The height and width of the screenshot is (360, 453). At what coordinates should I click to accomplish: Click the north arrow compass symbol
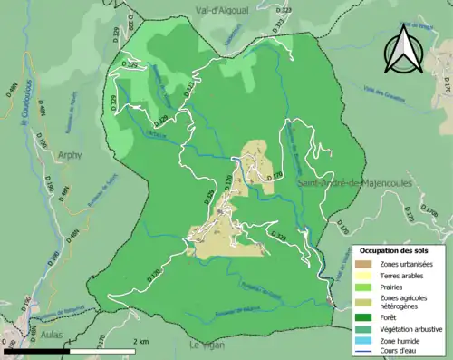coord(403,50)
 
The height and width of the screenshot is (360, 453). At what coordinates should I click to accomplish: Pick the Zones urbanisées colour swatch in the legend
coord(364,264)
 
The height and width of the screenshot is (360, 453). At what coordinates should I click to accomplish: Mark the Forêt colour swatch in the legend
coord(364,318)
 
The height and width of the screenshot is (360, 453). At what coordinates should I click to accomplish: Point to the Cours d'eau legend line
coord(364,355)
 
